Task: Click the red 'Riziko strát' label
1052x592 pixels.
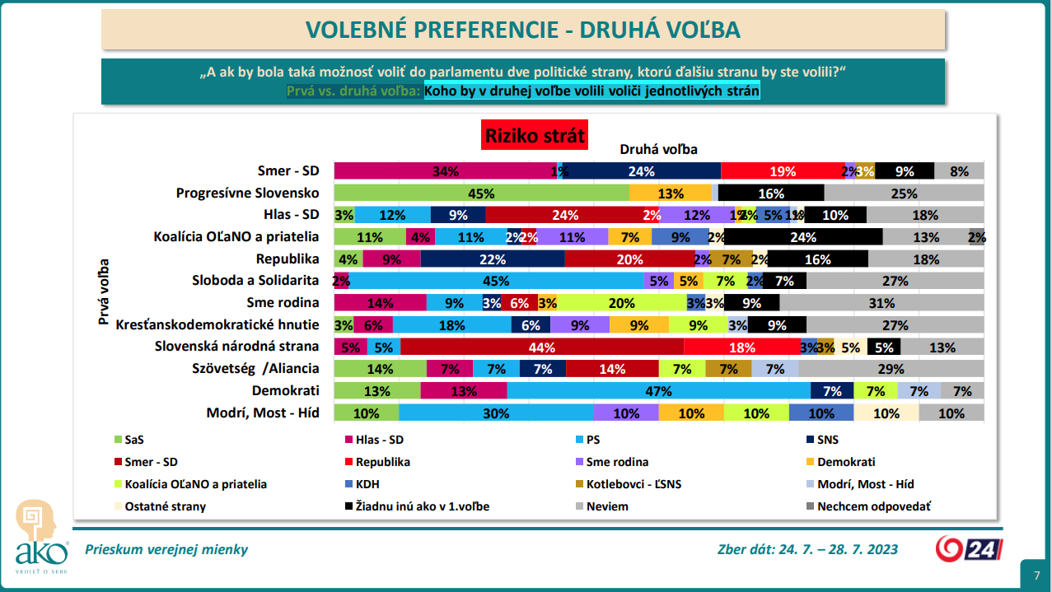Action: click(535, 135)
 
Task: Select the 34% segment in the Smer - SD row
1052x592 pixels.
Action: click(445, 171)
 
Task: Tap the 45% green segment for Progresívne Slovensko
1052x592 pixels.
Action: click(481, 193)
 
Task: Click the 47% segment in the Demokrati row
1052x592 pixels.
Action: click(658, 391)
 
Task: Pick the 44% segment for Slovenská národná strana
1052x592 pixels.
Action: click(542, 347)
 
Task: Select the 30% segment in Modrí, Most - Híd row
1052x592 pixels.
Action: click(496, 413)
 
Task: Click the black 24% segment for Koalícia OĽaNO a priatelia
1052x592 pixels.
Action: click(803, 237)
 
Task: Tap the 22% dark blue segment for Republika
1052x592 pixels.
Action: click(492, 259)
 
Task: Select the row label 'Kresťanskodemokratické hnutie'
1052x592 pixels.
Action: click(217, 325)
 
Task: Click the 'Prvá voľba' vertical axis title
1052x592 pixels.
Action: click(104, 293)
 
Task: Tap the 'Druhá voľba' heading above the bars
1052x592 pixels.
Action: click(658, 149)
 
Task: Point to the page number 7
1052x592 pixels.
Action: click(1036, 575)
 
